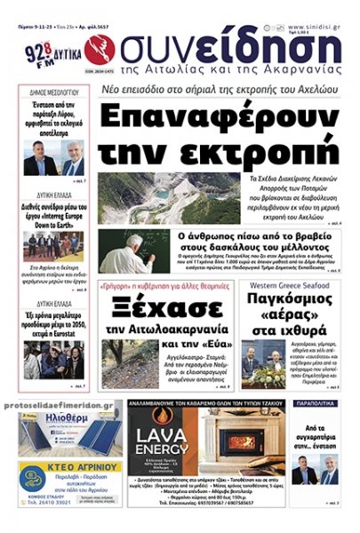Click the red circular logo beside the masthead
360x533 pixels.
99,51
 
